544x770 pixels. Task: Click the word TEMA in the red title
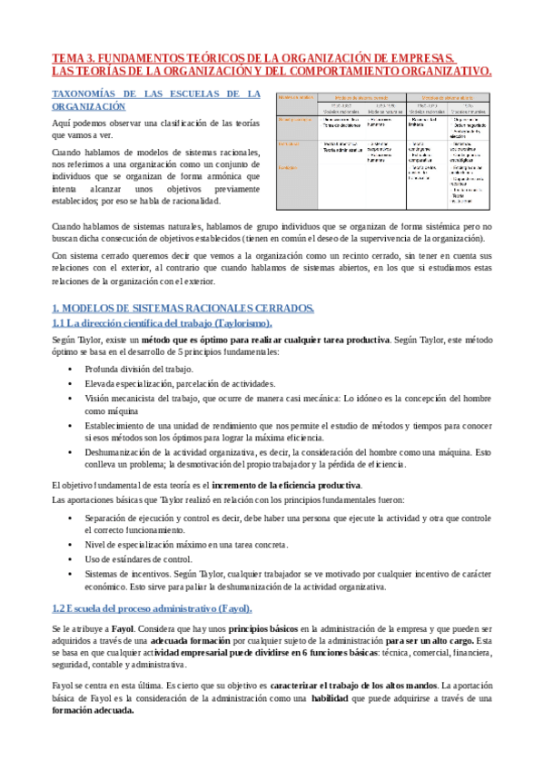(x=69, y=56)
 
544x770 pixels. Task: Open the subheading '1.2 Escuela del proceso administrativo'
(x=152, y=607)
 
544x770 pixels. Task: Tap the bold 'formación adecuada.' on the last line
(x=94, y=711)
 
